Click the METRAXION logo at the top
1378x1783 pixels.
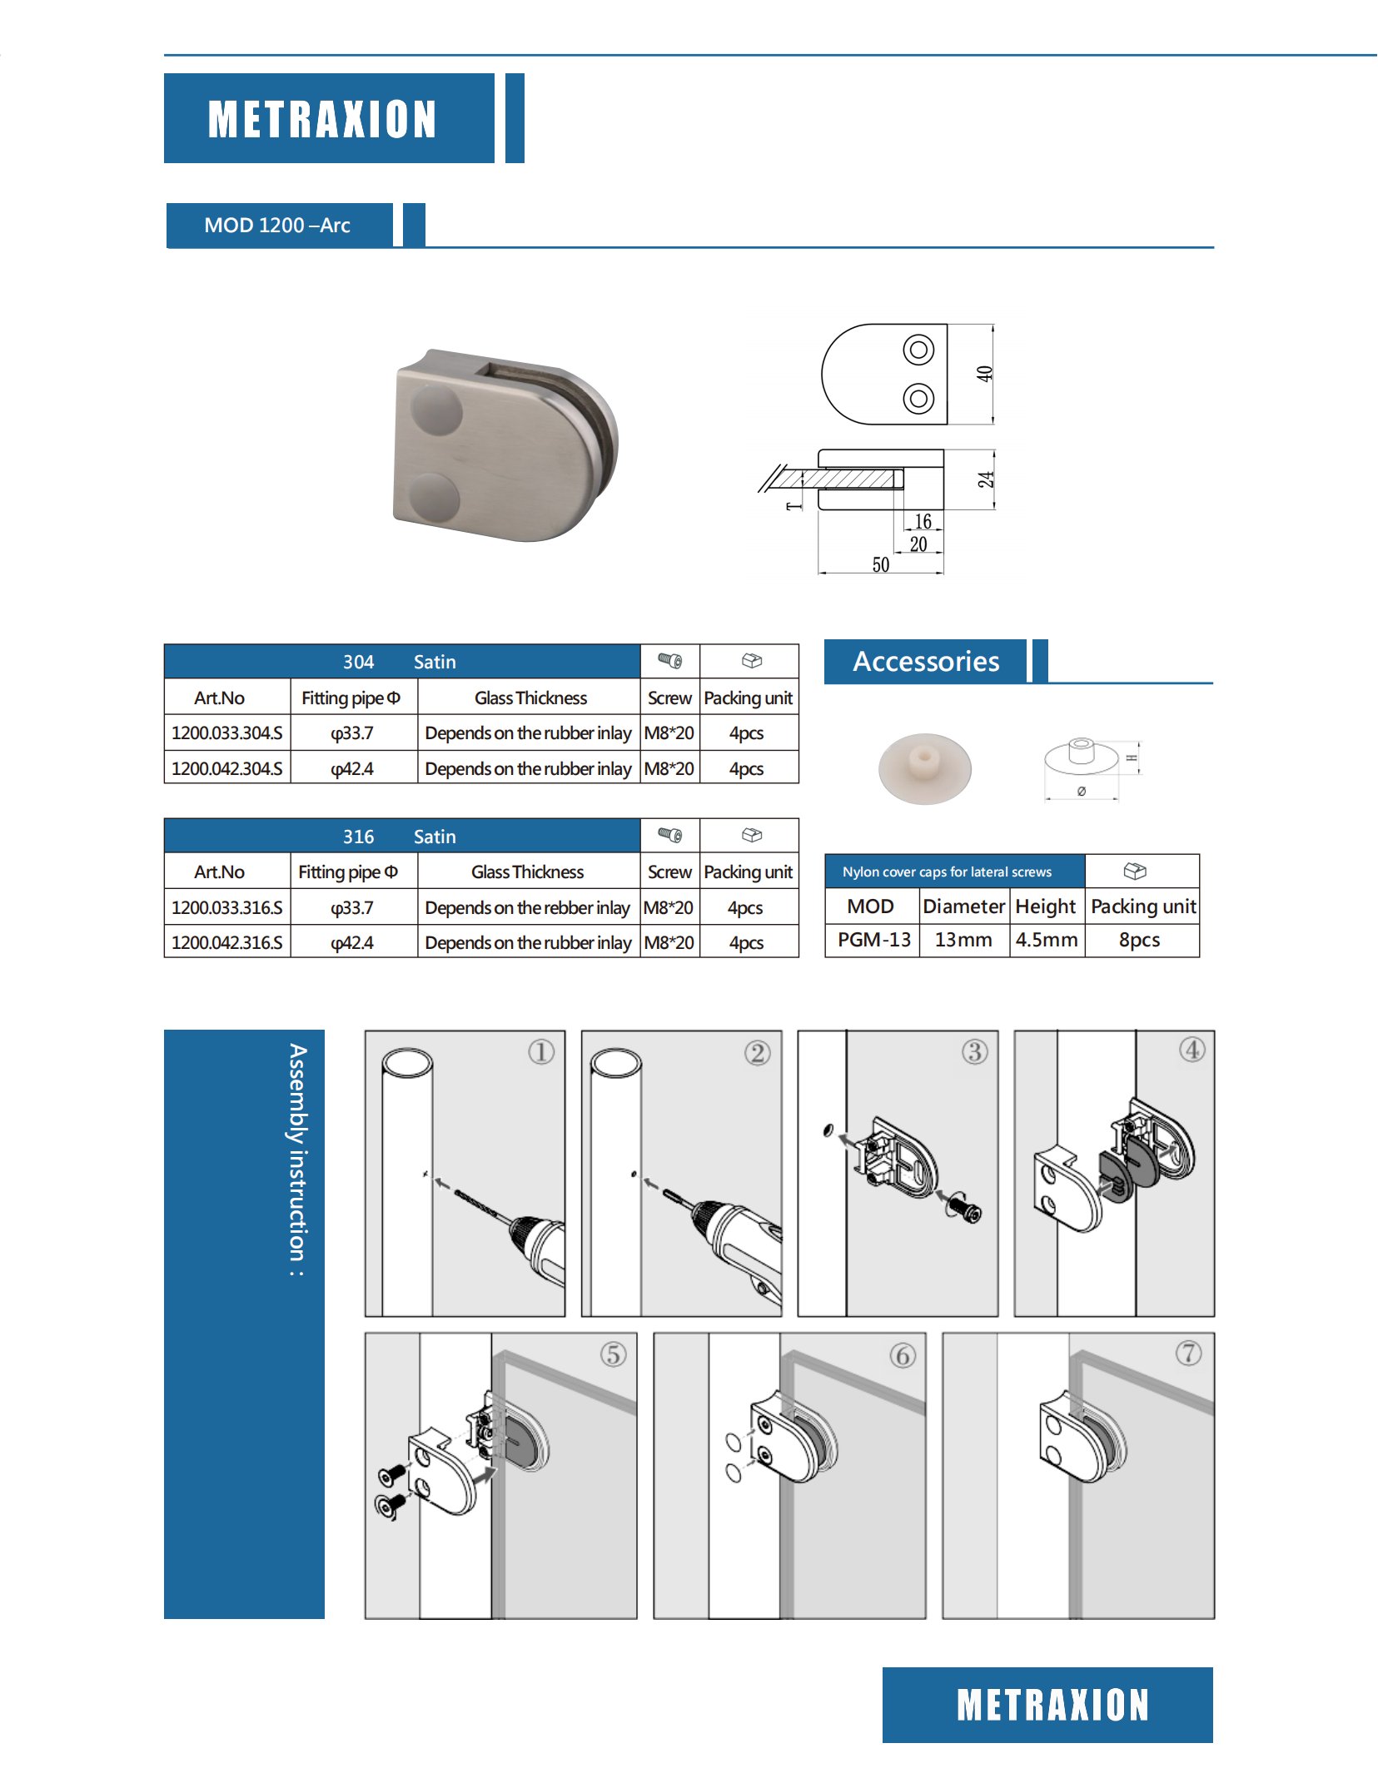pos(322,119)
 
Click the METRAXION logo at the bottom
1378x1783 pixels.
pos(1052,1704)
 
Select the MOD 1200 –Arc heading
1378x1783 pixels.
pos(277,226)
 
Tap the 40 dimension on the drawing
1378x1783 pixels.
pos(985,374)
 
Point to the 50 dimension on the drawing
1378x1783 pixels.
pos(880,565)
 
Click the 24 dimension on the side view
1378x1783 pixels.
pos(986,479)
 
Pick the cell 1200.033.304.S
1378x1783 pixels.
pos(227,733)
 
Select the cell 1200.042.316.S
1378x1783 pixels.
pos(227,943)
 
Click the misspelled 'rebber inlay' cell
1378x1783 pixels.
pos(527,908)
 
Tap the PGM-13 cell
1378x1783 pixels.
pos(873,940)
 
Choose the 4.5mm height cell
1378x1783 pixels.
pos(1047,940)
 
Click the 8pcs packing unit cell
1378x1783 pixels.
pos(1139,940)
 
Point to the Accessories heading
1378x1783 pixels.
pos(926,662)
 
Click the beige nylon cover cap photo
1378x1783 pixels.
pos(924,767)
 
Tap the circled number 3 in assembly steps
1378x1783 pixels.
pos(975,1052)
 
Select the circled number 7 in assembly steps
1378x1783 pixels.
pos(1188,1353)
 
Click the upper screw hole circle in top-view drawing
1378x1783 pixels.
pos(918,350)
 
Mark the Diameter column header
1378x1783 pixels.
pos(964,906)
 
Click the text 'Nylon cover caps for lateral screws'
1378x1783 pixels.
pos(947,872)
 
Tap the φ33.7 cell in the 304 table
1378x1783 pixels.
pos(352,733)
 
